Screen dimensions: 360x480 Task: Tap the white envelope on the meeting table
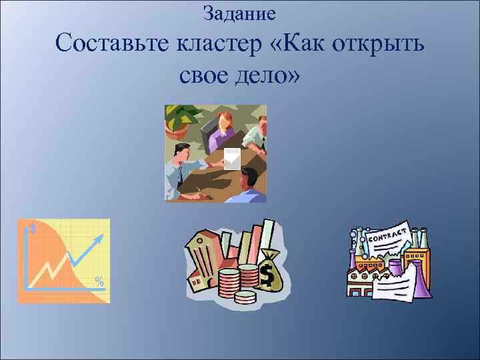pos(232,159)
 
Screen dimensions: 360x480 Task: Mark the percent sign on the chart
pos(99,281)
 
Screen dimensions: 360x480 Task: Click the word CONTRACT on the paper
pos(388,233)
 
